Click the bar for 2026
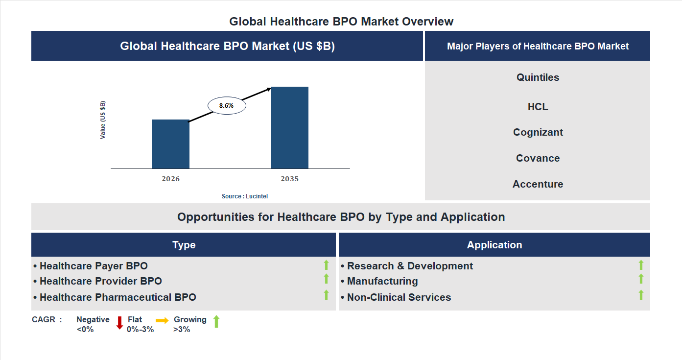pos(170,144)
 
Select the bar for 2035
pos(290,128)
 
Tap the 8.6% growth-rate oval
pos(227,105)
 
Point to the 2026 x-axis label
pos(170,179)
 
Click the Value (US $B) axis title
pos(103,120)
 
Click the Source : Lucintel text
pos(245,196)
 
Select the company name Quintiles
pos(538,77)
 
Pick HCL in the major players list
pos(538,107)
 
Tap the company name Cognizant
pos(538,132)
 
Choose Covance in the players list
pos(538,158)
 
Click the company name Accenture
pos(538,184)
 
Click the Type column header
pos(184,245)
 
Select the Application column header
pos(494,245)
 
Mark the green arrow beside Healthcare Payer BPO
pos(326,265)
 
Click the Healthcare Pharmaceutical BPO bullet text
pos(118,297)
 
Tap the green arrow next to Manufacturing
pos(641,279)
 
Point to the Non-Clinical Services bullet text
pos(399,297)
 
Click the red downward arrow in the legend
pos(119,323)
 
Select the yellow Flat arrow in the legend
pos(162,320)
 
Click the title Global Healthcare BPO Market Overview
pos(341,22)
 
